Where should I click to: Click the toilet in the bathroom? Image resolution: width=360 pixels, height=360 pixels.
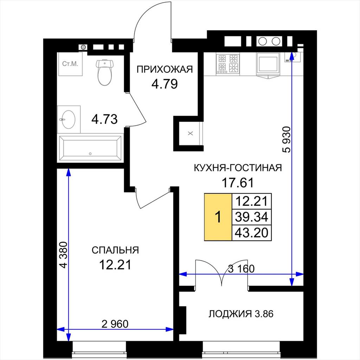[105, 72]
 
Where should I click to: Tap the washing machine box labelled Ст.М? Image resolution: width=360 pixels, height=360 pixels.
[70, 64]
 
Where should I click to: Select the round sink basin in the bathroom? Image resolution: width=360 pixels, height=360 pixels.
[68, 120]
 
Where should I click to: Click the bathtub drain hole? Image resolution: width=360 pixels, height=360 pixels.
[90, 154]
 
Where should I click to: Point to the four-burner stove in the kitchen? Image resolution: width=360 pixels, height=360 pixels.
[227, 64]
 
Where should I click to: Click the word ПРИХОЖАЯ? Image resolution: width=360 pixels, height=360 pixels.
[165, 69]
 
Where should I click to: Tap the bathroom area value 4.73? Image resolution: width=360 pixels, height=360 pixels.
[104, 119]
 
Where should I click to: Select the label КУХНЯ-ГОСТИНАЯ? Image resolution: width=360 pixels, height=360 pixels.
[238, 168]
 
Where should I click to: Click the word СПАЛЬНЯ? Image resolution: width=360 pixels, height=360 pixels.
[115, 250]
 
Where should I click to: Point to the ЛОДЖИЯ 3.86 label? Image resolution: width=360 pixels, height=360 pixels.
[241, 314]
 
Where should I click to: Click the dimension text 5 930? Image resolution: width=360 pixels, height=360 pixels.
[287, 140]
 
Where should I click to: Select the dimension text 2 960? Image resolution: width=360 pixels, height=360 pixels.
[115, 324]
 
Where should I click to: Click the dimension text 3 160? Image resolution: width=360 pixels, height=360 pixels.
[241, 269]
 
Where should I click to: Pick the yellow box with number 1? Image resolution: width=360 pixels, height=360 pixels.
[218, 217]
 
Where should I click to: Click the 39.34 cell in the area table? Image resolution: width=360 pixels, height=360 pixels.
[252, 217]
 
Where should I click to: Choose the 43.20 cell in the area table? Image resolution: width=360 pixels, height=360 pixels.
[252, 233]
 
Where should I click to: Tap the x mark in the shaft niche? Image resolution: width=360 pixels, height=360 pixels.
[190, 133]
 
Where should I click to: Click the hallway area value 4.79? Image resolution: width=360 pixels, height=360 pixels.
[165, 84]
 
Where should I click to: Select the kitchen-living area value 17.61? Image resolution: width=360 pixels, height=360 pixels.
[238, 183]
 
